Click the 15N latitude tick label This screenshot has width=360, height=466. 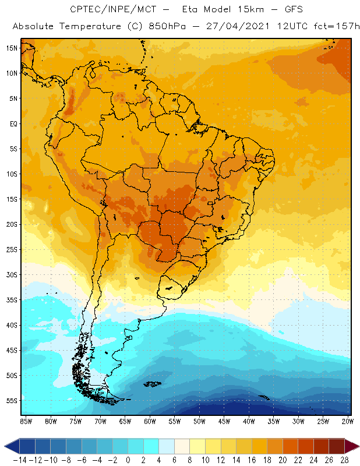coord(12,48)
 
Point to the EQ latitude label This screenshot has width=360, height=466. coord(13,123)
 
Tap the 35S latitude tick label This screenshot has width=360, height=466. coord(12,299)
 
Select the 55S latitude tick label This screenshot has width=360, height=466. coord(12,400)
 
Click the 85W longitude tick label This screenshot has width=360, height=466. coord(26,421)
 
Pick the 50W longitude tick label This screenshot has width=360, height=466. coord(199,421)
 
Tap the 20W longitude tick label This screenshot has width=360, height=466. coord(348,421)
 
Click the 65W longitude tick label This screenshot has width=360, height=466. coord(125,421)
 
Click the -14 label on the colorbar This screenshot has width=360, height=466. coord(20,460)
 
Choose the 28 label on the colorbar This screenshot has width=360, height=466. coord(344,460)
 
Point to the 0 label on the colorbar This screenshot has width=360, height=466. coord(128,460)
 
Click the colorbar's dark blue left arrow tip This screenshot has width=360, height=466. coord(5,446)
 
